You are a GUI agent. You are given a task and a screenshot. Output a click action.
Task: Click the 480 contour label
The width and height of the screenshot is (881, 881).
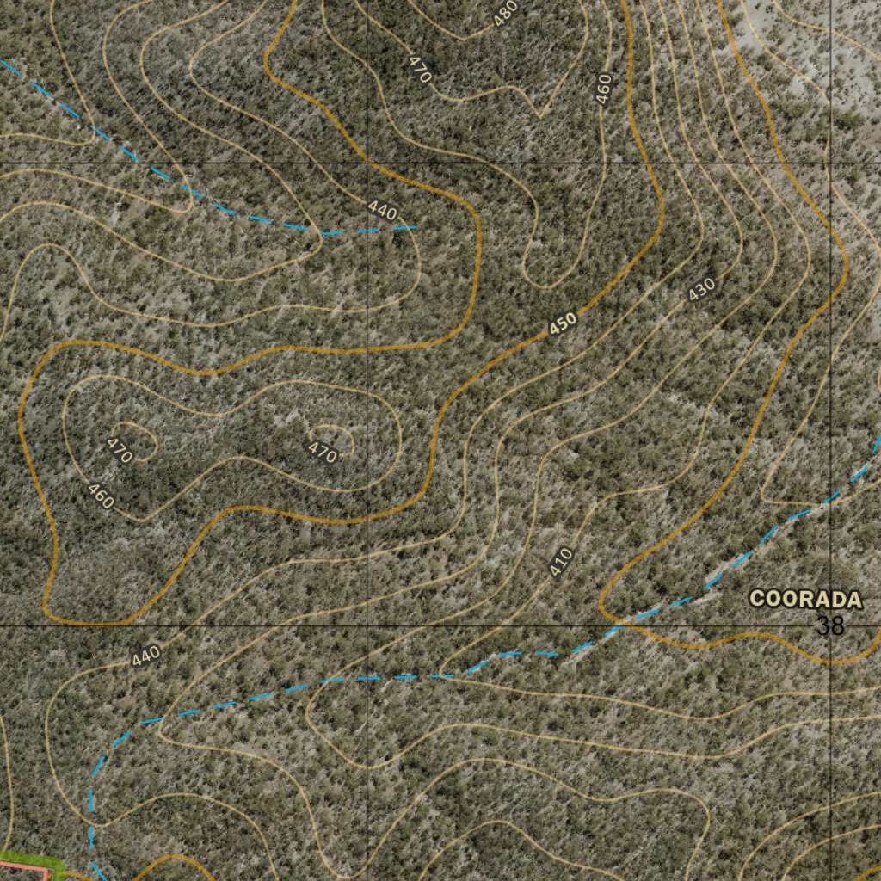coord(506,11)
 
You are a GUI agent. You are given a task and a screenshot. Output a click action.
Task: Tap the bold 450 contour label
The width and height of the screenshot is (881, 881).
coord(562,323)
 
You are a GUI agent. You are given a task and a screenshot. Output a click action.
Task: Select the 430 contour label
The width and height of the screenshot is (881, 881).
coord(702,290)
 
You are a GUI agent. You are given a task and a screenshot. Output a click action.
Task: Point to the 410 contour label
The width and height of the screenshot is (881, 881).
coord(560,562)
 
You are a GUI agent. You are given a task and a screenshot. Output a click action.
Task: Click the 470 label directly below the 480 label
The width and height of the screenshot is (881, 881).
coord(419,69)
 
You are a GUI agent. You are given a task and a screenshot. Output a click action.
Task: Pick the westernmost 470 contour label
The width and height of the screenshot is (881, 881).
coord(120,450)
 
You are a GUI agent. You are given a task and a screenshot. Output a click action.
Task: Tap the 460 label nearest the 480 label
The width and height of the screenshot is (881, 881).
coord(603,89)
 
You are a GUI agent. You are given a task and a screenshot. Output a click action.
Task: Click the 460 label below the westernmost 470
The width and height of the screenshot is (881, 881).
coord(101,496)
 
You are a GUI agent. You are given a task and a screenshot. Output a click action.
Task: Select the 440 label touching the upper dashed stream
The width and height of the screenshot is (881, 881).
coord(382,211)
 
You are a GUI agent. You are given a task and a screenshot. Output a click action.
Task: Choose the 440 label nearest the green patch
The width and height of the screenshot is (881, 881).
coord(146,656)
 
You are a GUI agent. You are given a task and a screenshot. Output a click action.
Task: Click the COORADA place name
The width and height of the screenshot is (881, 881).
coord(804,599)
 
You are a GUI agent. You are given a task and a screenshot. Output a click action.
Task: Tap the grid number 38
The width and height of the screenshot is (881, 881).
coord(830,626)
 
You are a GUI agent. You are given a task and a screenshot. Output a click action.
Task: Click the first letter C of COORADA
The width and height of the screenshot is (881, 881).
coord(758,599)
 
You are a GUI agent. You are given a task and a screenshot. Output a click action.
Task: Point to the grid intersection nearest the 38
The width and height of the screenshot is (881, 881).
coord(831,625)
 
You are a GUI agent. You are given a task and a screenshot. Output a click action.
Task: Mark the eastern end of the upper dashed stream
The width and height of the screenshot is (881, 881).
coord(418,226)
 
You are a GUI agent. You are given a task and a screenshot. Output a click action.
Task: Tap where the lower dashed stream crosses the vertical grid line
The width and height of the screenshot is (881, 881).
coord(367,679)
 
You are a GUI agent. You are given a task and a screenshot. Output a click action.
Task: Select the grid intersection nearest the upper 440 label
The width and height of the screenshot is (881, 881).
coord(367,163)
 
